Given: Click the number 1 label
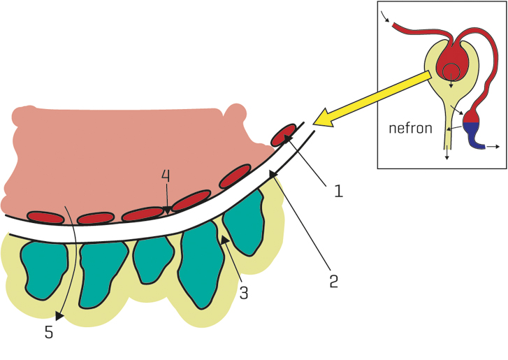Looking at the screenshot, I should click(339, 190).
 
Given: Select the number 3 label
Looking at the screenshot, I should click(243, 293).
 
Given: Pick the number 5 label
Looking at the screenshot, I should click(48, 333).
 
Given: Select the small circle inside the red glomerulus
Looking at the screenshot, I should click(451, 71).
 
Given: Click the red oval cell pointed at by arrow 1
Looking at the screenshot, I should click(284, 134).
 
